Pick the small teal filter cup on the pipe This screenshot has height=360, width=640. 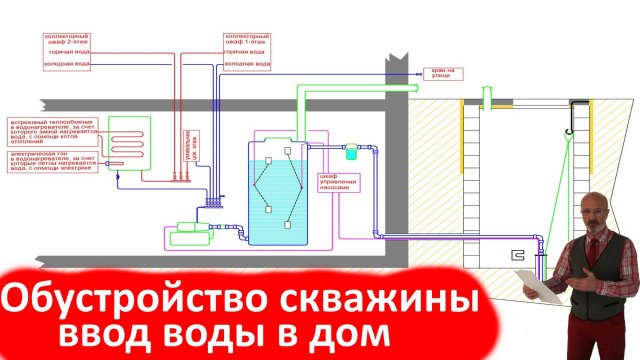351,153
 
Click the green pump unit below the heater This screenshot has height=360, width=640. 186,228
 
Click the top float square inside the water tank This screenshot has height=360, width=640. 288,151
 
